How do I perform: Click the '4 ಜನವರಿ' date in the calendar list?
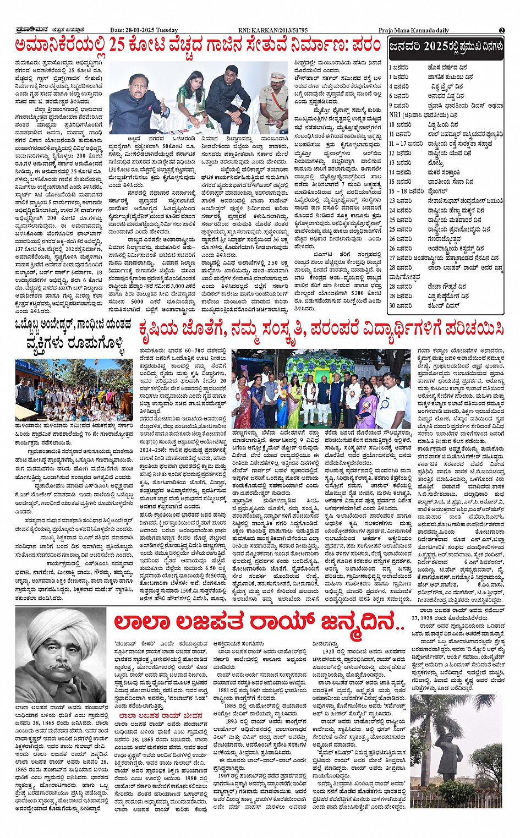click(399, 86)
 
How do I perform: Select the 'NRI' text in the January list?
click(395, 115)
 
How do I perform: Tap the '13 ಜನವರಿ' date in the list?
click(401, 163)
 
